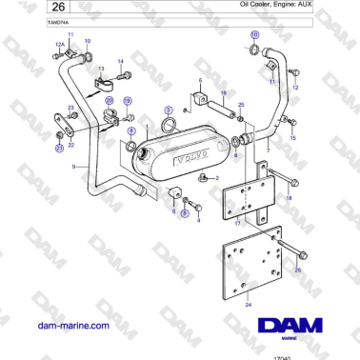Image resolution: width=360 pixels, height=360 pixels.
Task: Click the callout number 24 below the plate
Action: tap(249, 304)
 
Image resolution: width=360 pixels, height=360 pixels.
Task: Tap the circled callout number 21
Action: tap(58, 148)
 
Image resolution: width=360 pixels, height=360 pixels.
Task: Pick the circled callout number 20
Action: tap(109, 99)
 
